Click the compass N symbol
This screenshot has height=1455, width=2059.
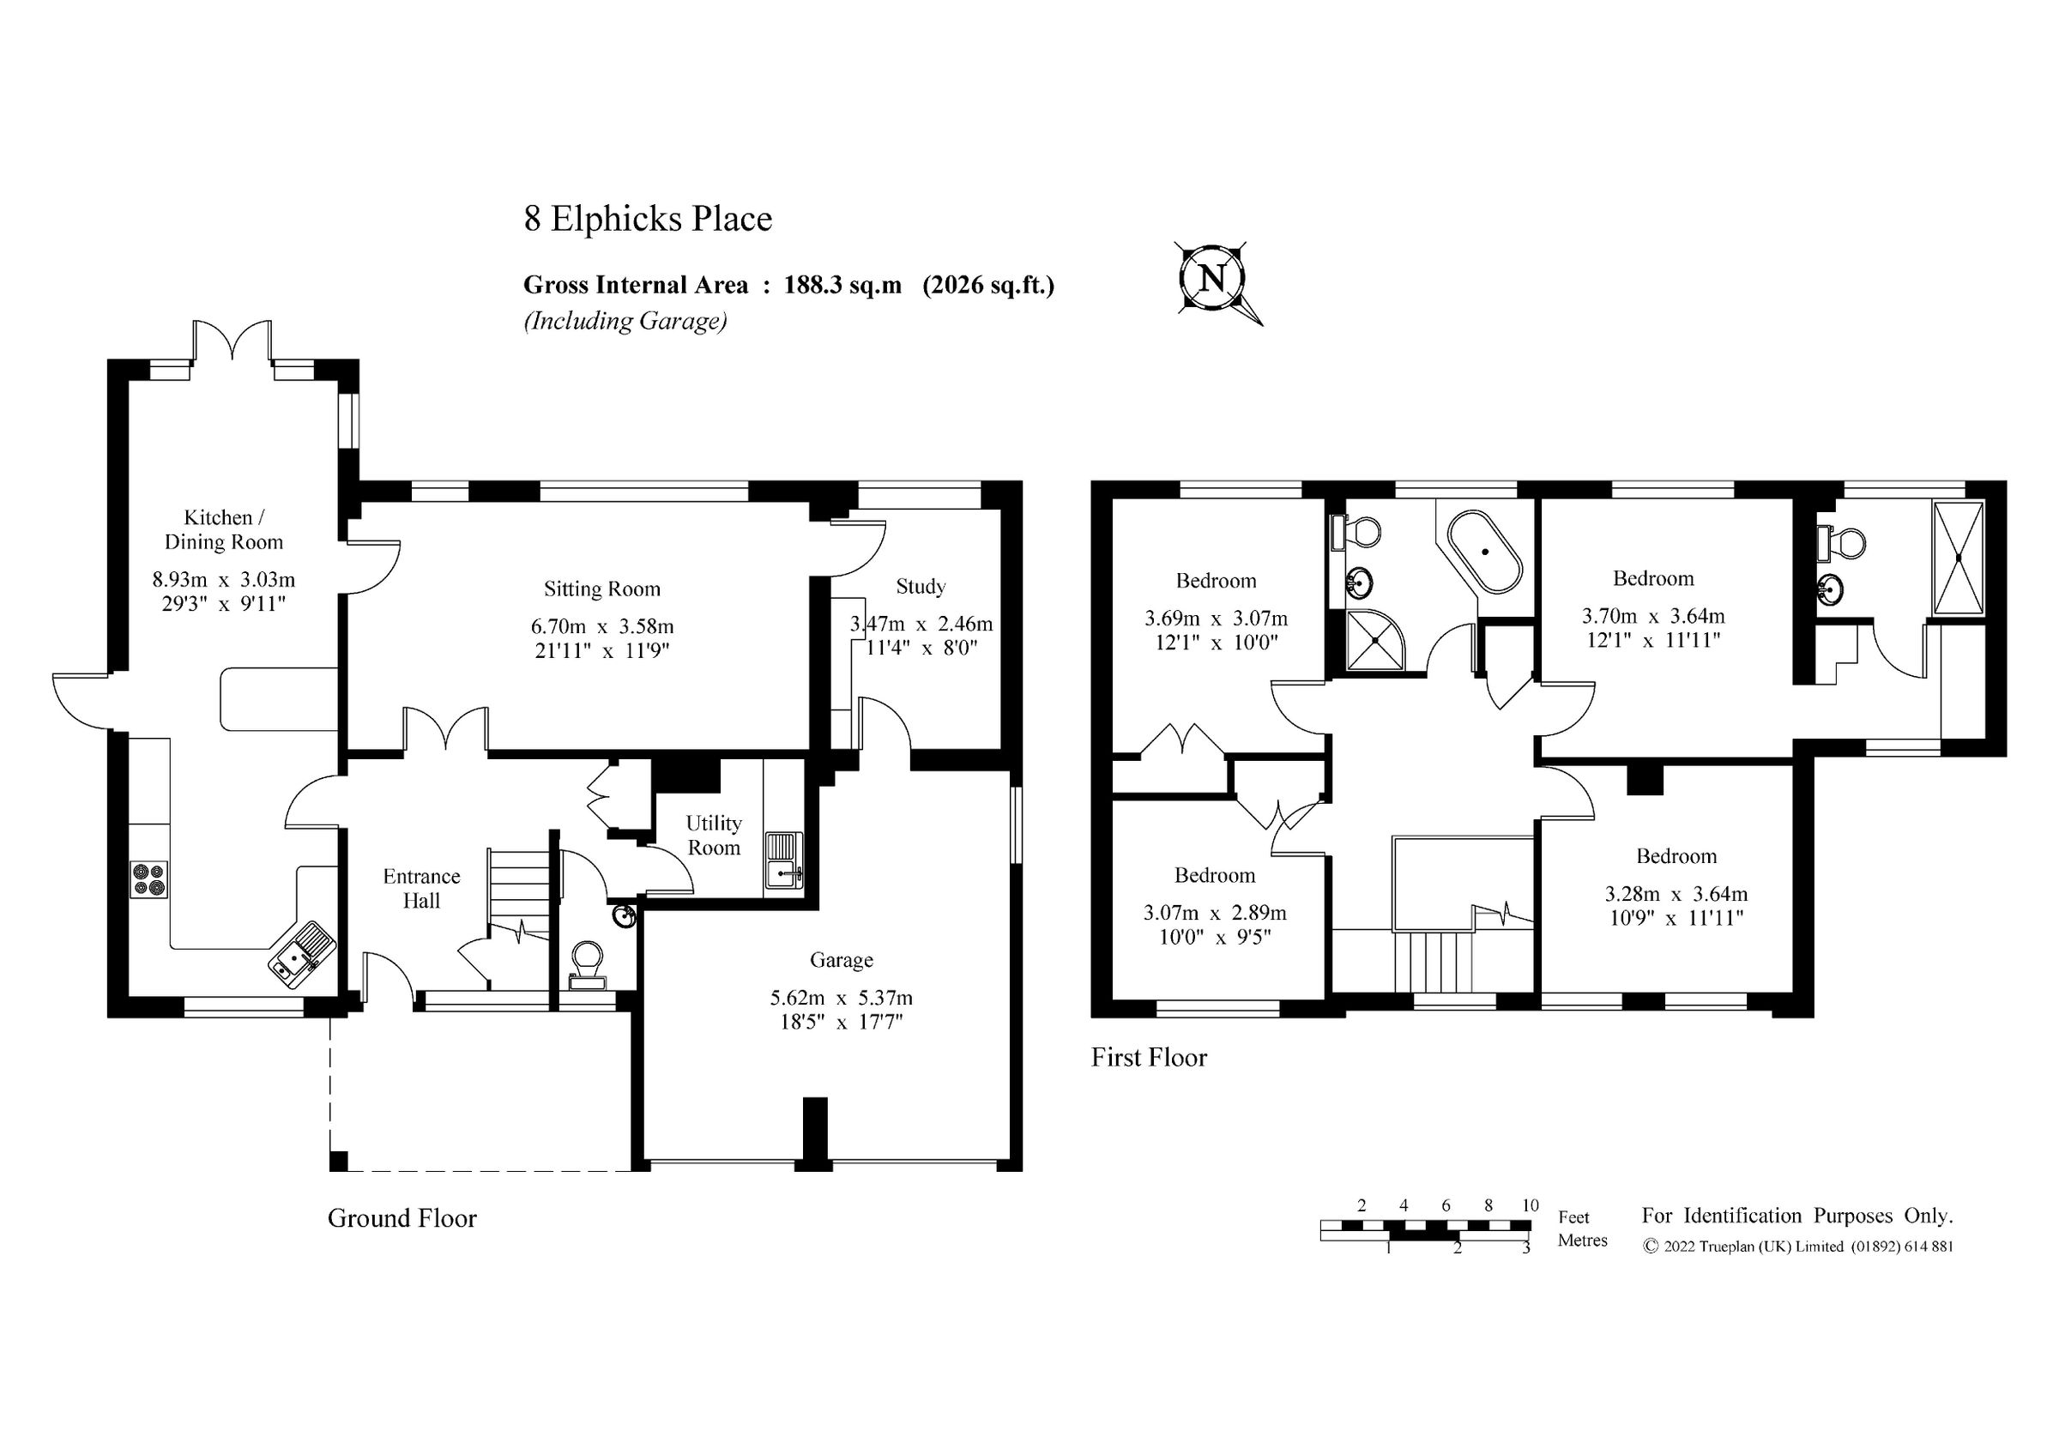pos(1211,278)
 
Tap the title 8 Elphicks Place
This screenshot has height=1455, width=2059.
pos(648,219)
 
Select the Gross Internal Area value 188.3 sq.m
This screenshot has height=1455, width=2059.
pos(842,285)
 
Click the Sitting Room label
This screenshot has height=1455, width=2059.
pos(601,589)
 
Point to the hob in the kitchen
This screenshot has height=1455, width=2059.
pos(149,878)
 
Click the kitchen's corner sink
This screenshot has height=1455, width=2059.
pos(302,954)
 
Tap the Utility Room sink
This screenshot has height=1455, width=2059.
pos(784,860)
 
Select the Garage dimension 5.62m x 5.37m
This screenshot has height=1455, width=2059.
pos(841,998)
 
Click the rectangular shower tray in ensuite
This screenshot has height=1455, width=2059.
pos(1959,558)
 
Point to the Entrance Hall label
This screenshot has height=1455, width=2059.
pos(421,889)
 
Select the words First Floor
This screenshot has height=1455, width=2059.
pos(1149,1058)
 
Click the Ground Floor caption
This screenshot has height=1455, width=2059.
pos(402,1218)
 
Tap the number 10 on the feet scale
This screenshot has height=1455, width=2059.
pos(1530,1205)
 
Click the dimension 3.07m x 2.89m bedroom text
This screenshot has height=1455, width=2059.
pos(1214,914)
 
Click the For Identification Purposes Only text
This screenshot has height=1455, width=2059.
pos(1796,1217)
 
